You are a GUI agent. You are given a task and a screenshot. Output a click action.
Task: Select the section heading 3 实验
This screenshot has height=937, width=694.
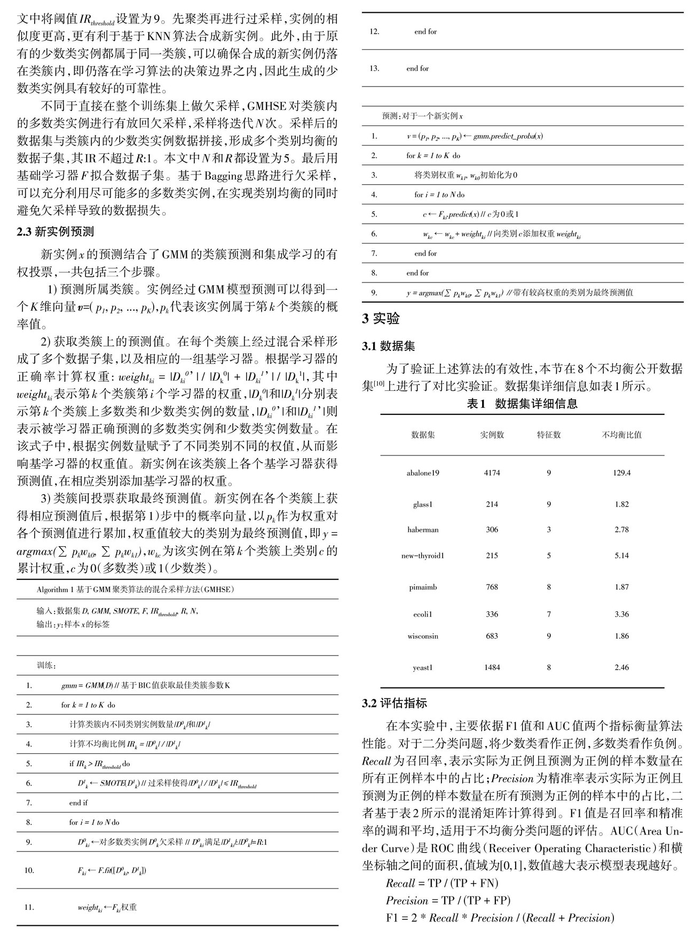click(381, 319)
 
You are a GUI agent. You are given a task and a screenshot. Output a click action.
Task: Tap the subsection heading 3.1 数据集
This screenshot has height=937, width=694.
click(388, 347)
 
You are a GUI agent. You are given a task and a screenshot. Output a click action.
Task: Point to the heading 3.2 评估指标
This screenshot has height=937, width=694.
click(395, 703)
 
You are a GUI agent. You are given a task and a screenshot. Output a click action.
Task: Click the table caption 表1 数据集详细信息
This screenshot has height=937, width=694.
click(522, 404)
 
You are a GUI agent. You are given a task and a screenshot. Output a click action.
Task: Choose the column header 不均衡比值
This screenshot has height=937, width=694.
click(621, 435)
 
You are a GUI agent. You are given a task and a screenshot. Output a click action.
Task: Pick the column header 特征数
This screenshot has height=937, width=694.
click(548, 435)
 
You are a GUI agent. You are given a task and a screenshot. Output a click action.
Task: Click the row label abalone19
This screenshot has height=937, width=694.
click(423, 473)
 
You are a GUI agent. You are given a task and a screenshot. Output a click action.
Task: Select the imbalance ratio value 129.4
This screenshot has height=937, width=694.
click(621, 473)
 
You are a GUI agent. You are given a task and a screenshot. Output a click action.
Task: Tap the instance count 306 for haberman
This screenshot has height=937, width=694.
click(492, 530)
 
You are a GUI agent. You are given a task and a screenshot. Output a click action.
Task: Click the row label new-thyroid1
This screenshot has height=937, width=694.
click(423, 556)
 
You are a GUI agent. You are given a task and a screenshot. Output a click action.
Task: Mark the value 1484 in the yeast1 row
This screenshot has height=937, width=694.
click(492, 667)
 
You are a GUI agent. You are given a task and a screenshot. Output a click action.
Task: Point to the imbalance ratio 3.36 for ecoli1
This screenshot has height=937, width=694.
click(621, 615)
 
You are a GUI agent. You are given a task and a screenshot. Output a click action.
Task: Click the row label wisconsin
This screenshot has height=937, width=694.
click(423, 636)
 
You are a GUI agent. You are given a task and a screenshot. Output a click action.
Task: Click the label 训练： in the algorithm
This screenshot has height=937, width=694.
click(46, 666)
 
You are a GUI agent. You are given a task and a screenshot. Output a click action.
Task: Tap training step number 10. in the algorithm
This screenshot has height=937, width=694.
click(29, 870)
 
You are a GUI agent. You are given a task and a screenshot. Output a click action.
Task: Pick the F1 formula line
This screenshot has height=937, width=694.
click(500, 918)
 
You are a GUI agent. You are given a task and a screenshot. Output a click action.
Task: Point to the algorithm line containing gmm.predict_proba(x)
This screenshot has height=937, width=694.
click(475, 136)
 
